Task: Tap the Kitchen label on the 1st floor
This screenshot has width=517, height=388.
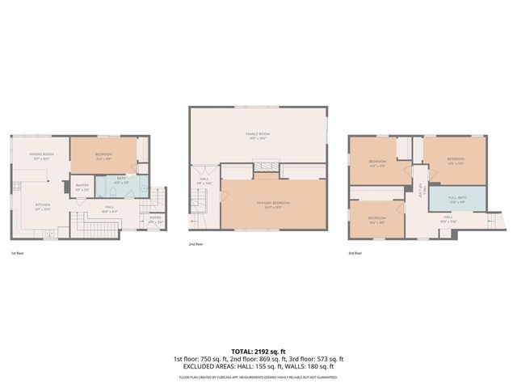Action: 42,206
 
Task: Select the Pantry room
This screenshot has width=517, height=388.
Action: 82,188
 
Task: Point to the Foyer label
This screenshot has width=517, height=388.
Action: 155,219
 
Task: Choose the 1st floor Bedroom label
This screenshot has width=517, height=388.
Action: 103,155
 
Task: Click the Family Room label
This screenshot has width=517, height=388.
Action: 258,135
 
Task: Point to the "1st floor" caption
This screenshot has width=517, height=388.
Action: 18,253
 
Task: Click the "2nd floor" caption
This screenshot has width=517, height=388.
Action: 195,243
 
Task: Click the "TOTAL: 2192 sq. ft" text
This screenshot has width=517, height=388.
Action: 258,352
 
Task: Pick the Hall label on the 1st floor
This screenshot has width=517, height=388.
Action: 109,208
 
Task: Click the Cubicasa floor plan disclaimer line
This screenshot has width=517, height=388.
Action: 258,377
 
